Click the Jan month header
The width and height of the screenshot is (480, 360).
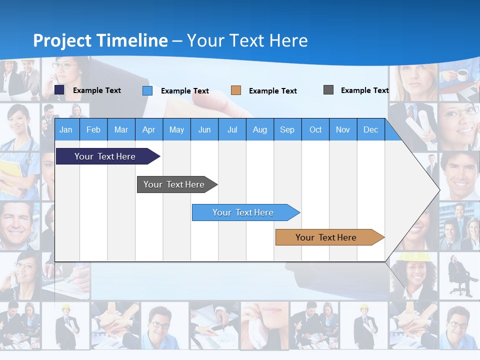(x=66, y=129)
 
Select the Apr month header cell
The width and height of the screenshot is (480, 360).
(x=149, y=129)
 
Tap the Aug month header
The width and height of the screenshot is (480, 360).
(x=259, y=129)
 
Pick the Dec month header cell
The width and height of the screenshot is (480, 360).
(x=370, y=129)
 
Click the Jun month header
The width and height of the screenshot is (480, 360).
(x=204, y=129)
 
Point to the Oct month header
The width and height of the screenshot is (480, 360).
(x=315, y=129)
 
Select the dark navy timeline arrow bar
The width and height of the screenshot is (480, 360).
(x=105, y=156)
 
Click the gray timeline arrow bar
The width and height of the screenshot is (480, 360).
(x=174, y=184)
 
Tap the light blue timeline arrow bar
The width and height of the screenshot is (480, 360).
(x=243, y=212)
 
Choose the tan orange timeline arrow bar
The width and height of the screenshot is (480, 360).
(x=326, y=237)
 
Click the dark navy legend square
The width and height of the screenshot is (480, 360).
(x=59, y=90)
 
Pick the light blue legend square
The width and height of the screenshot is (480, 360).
(x=147, y=90)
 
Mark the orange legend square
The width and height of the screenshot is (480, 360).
(x=236, y=90)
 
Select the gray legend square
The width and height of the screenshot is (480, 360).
(x=328, y=90)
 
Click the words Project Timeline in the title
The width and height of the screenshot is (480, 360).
(x=100, y=40)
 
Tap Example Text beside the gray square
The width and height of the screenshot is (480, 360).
(x=364, y=90)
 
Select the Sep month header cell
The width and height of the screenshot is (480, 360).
(x=287, y=129)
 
